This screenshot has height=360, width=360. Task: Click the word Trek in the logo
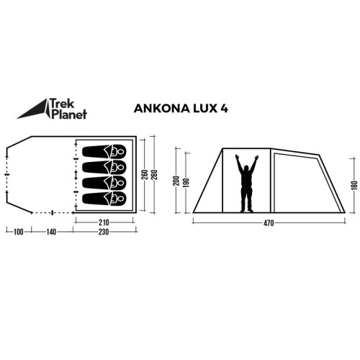[62, 103]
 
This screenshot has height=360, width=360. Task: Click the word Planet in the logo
[69, 114]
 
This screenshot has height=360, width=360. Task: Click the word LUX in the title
[204, 109]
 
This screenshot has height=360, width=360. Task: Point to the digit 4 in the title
[224, 109]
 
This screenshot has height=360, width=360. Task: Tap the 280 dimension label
[154, 175]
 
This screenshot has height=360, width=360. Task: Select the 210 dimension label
[104, 222]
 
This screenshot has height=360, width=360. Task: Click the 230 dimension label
[104, 232]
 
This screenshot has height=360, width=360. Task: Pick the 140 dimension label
[51, 232]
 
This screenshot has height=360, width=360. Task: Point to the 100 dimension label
[19, 232]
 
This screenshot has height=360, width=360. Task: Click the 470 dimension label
[269, 223]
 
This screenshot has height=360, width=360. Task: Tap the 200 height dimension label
[176, 181]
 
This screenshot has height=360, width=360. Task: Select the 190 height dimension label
[186, 183]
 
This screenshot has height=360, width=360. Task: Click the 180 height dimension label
[354, 186]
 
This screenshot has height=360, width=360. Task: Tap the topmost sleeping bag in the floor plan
[104, 151]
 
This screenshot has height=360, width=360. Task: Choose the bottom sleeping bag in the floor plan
[104, 199]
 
